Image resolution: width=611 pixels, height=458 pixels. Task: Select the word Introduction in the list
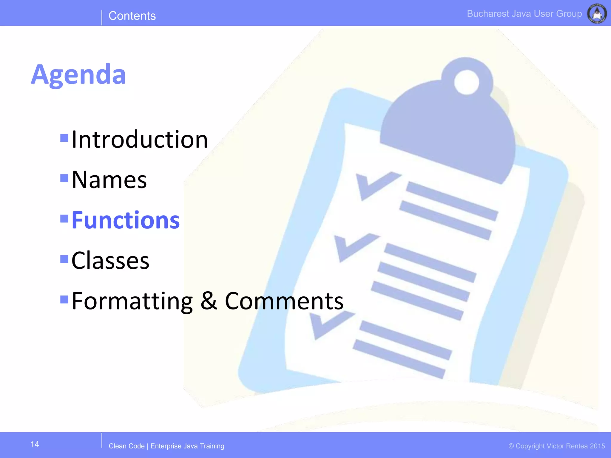tap(140, 140)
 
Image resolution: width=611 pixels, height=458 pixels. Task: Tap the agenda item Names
tap(109, 180)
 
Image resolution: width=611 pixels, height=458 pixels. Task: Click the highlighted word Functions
tap(126, 220)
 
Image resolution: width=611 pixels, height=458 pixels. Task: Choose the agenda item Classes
tap(110, 261)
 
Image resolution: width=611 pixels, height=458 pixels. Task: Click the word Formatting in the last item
tap(132, 301)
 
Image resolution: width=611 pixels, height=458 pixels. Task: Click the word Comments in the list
tap(284, 301)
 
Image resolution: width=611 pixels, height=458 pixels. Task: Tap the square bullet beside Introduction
tap(64, 138)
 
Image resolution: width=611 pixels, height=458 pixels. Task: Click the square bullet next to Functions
tap(64, 219)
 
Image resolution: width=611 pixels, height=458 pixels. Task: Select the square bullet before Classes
tap(64, 259)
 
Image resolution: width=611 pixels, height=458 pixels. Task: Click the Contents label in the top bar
tap(132, 16)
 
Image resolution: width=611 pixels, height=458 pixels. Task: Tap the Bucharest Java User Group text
tap(524, 14)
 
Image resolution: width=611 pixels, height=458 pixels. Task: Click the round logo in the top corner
tap(597, 13)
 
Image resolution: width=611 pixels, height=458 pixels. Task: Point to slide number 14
tap(35, 444)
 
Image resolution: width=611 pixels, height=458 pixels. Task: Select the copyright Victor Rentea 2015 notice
tap(557, 446)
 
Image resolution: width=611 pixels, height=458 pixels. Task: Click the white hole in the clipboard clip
tap(466, 82)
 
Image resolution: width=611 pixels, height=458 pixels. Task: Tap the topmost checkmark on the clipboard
tap(376, 185)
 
